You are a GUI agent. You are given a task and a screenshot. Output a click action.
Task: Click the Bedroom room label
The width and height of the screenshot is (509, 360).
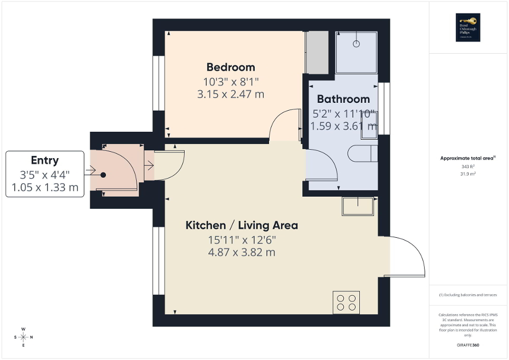231,67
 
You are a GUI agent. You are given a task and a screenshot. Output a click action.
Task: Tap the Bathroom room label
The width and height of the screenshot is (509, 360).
343,99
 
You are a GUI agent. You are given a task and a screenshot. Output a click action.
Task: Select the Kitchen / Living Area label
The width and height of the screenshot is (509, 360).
242,226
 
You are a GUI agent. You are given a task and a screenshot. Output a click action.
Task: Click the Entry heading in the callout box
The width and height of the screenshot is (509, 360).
45,161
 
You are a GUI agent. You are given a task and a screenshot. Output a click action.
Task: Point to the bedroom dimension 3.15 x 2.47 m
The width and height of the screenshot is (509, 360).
230,95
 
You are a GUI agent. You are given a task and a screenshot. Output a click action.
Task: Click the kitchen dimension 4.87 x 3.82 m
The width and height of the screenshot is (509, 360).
242,252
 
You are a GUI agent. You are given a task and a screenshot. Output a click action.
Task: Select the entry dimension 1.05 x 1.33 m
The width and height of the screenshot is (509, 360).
45,187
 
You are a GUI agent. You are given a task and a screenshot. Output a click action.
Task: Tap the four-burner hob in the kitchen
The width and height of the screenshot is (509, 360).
346,302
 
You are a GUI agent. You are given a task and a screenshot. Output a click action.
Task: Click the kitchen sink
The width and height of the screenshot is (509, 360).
359,206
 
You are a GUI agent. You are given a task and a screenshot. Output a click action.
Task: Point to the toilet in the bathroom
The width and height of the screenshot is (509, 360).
363,153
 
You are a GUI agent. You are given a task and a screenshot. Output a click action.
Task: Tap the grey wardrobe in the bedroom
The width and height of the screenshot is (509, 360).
317,53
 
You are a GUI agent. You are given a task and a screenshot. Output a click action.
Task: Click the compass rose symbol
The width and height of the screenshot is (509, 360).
23,337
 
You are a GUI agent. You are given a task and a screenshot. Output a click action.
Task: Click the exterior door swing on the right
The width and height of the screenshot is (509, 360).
409,256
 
